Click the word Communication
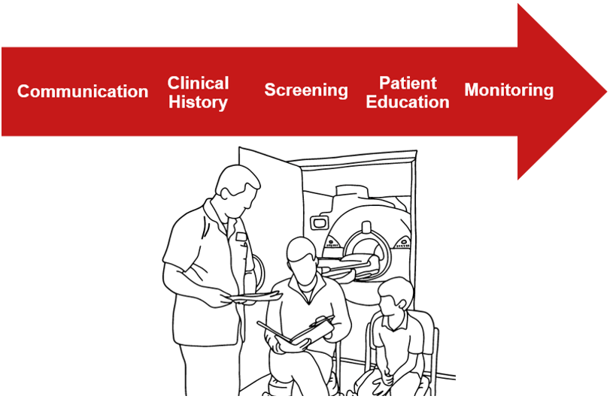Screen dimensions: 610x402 [x=83, y=92]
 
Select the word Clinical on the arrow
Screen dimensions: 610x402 [x=198, y=83]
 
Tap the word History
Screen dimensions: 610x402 [x=198, y=102]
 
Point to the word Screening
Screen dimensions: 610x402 [x=306, y=90]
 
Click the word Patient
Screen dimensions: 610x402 [x=408, y=83]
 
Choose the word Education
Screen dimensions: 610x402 [x=408, y=102]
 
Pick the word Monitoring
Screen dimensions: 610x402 [x=509, y=90]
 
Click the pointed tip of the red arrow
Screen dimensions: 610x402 [x=606, y=92]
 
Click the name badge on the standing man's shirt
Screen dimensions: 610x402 [x=241, y=237]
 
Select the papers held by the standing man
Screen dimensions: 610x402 [x=255, y=297]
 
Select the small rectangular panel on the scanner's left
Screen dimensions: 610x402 [x=319, y=222]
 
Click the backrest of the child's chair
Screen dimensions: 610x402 [x=428, y=331]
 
